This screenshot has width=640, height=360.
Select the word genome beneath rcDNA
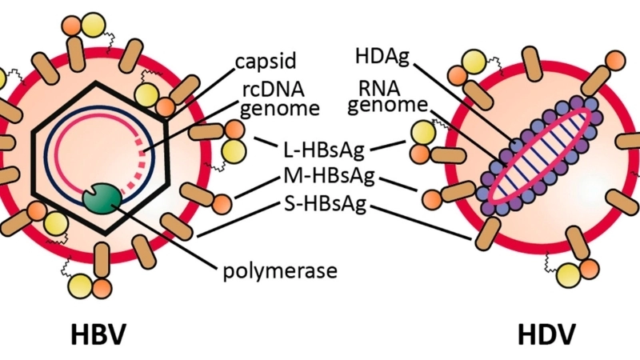[x=269, y=107]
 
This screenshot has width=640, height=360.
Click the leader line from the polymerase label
[x=168, y=233]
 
